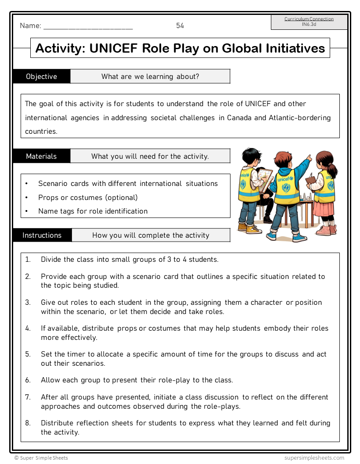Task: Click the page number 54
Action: point(180,26)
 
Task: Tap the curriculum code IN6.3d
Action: point(309,25)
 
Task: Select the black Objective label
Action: point(41,77)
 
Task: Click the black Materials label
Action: point(41,157)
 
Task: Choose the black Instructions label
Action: point(42,236)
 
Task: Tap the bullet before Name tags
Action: point(27,211)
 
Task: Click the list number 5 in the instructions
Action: point(28,354)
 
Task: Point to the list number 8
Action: point(28,423)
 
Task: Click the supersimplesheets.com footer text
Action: point(314,458)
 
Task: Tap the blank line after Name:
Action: point(88,27)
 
